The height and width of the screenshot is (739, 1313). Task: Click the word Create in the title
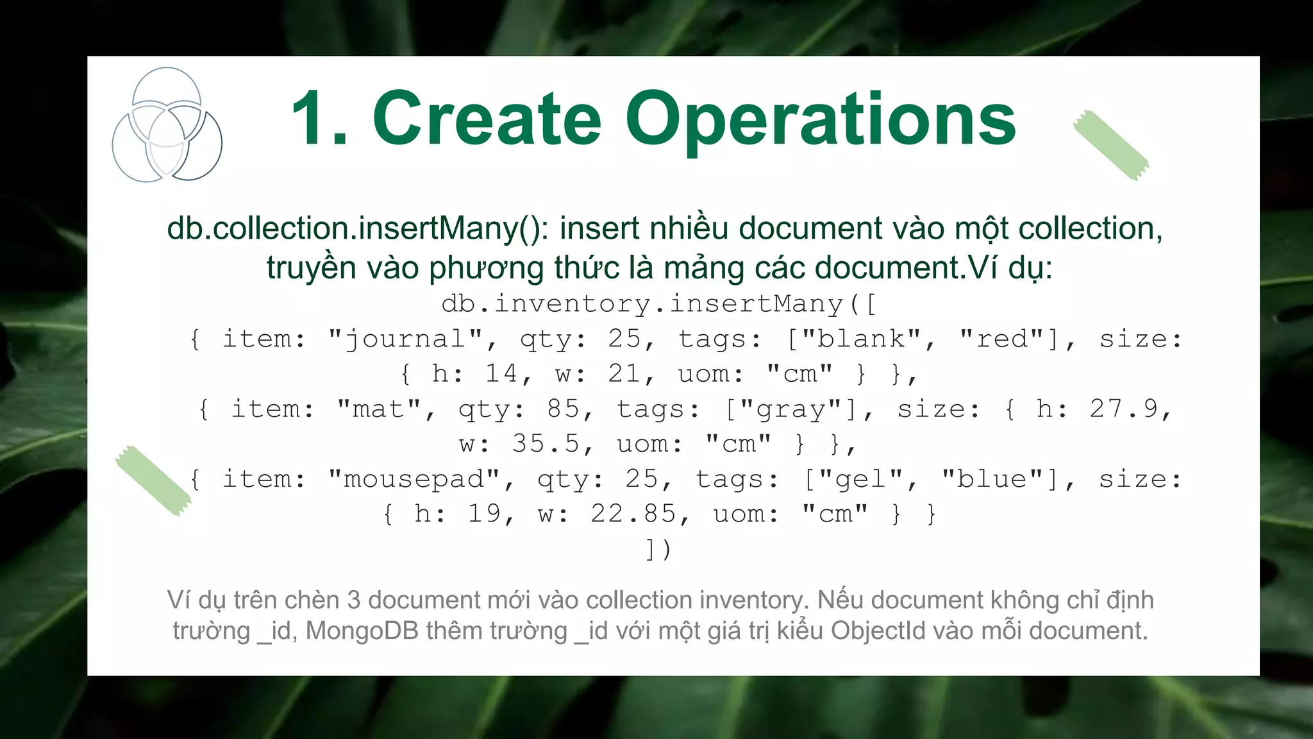487,119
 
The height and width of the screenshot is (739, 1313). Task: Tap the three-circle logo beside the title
167,125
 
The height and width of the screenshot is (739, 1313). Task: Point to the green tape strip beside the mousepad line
153,480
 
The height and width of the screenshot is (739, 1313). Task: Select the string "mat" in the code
379,409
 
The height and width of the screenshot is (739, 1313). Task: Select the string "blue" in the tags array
992,479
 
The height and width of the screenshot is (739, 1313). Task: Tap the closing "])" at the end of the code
658,549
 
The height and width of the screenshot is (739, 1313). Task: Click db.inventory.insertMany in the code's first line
641,303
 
